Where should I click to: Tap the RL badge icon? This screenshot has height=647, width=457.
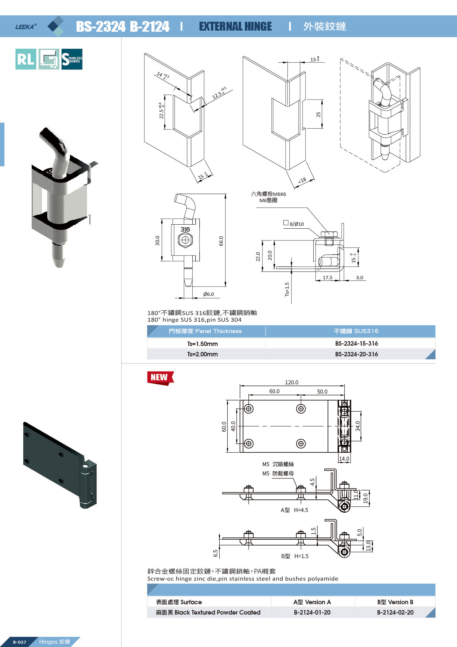click(26, 59)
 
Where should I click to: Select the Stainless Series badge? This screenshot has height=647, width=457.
click(72, 59)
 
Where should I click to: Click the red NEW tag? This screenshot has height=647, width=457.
click(160, 378)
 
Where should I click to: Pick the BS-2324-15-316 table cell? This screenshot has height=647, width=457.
click(356, 343)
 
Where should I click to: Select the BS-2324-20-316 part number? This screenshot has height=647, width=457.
click(356, 354)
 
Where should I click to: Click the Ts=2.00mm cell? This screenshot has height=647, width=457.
click(202, 354)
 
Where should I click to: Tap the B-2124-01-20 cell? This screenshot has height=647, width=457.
click(312, 612)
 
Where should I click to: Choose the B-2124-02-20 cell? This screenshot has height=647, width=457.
click(395, 612)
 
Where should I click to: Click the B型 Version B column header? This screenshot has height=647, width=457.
click(395, 602)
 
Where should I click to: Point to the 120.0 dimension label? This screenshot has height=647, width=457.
click(292, 383)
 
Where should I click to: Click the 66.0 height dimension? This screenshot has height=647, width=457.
click(221, 241)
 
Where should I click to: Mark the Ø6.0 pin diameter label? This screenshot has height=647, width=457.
click(208, 294)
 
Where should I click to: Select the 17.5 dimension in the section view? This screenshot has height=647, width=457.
click(327, 278)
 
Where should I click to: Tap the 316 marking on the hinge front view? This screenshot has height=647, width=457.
click(185, 229)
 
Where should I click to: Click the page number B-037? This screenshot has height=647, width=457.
click(20, 642)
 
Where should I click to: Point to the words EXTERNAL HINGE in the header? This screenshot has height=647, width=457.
click(235, 27)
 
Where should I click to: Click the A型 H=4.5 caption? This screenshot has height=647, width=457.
click(294, 510)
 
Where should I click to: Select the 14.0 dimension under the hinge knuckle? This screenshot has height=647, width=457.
click(344, 459)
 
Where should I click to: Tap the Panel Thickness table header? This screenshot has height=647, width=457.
click(205, 331)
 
